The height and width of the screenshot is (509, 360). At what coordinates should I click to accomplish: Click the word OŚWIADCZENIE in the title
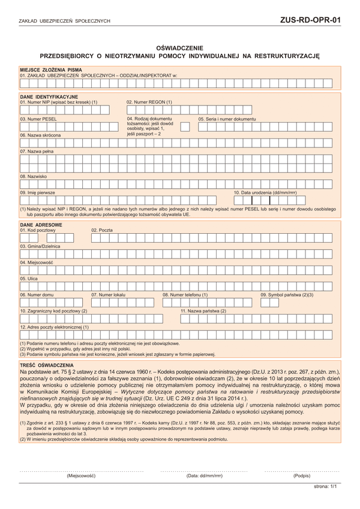click(179, 47)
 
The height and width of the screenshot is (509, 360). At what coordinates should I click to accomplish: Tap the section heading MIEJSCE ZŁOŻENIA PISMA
click(50, 70)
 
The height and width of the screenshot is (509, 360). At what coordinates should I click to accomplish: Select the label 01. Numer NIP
click(59, 102)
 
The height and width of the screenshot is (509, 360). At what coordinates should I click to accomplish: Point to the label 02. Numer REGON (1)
click(149, 102)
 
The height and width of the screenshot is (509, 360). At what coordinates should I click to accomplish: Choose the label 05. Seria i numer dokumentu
click(227, 119)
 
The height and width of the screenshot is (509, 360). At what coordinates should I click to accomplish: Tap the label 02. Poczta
click(102, 230)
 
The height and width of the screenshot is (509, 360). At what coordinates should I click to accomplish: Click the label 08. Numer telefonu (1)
click(185, 295)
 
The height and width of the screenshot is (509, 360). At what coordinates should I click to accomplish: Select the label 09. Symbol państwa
click(287, 295)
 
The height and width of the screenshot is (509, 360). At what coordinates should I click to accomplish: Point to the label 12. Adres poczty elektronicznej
click(55, 327)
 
